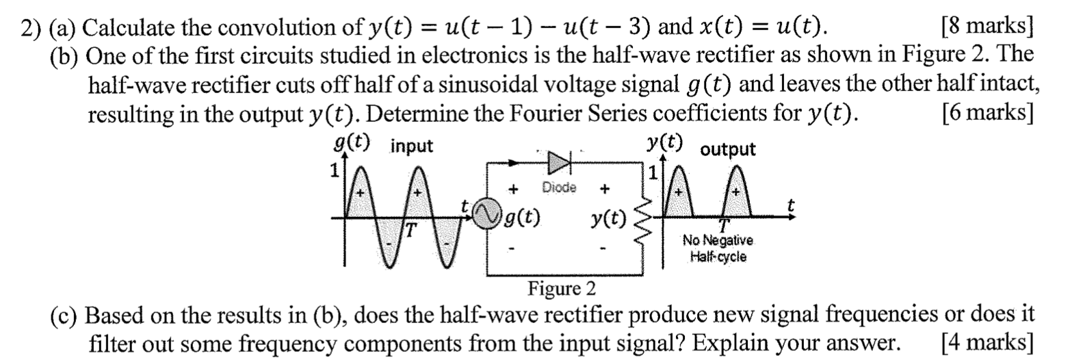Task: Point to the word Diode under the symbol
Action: pyautogui.click(x=559, y=188)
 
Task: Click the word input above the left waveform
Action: pyautogui.click(x=412, y=146)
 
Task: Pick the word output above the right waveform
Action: pyautogui.click(x=728, y=149)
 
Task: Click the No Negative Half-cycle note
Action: pyautogui.click(x=718, y=249)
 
